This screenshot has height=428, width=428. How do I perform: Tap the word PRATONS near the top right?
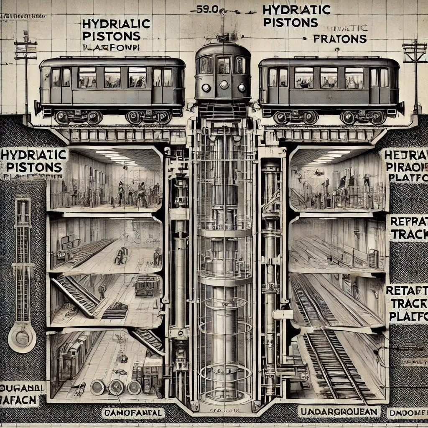(x=340, y=39)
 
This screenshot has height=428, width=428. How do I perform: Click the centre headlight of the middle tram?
(x=224, y=84)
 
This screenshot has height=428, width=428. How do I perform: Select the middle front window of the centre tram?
(x=223, y=65)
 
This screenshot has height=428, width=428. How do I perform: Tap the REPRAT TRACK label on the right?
(x=408, y=228)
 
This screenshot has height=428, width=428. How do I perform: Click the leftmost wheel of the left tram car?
(x=62, y=117)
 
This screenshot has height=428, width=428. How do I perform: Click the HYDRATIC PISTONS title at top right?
(x=297, y=15)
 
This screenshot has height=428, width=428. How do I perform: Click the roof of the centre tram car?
(x=223, y=48)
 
